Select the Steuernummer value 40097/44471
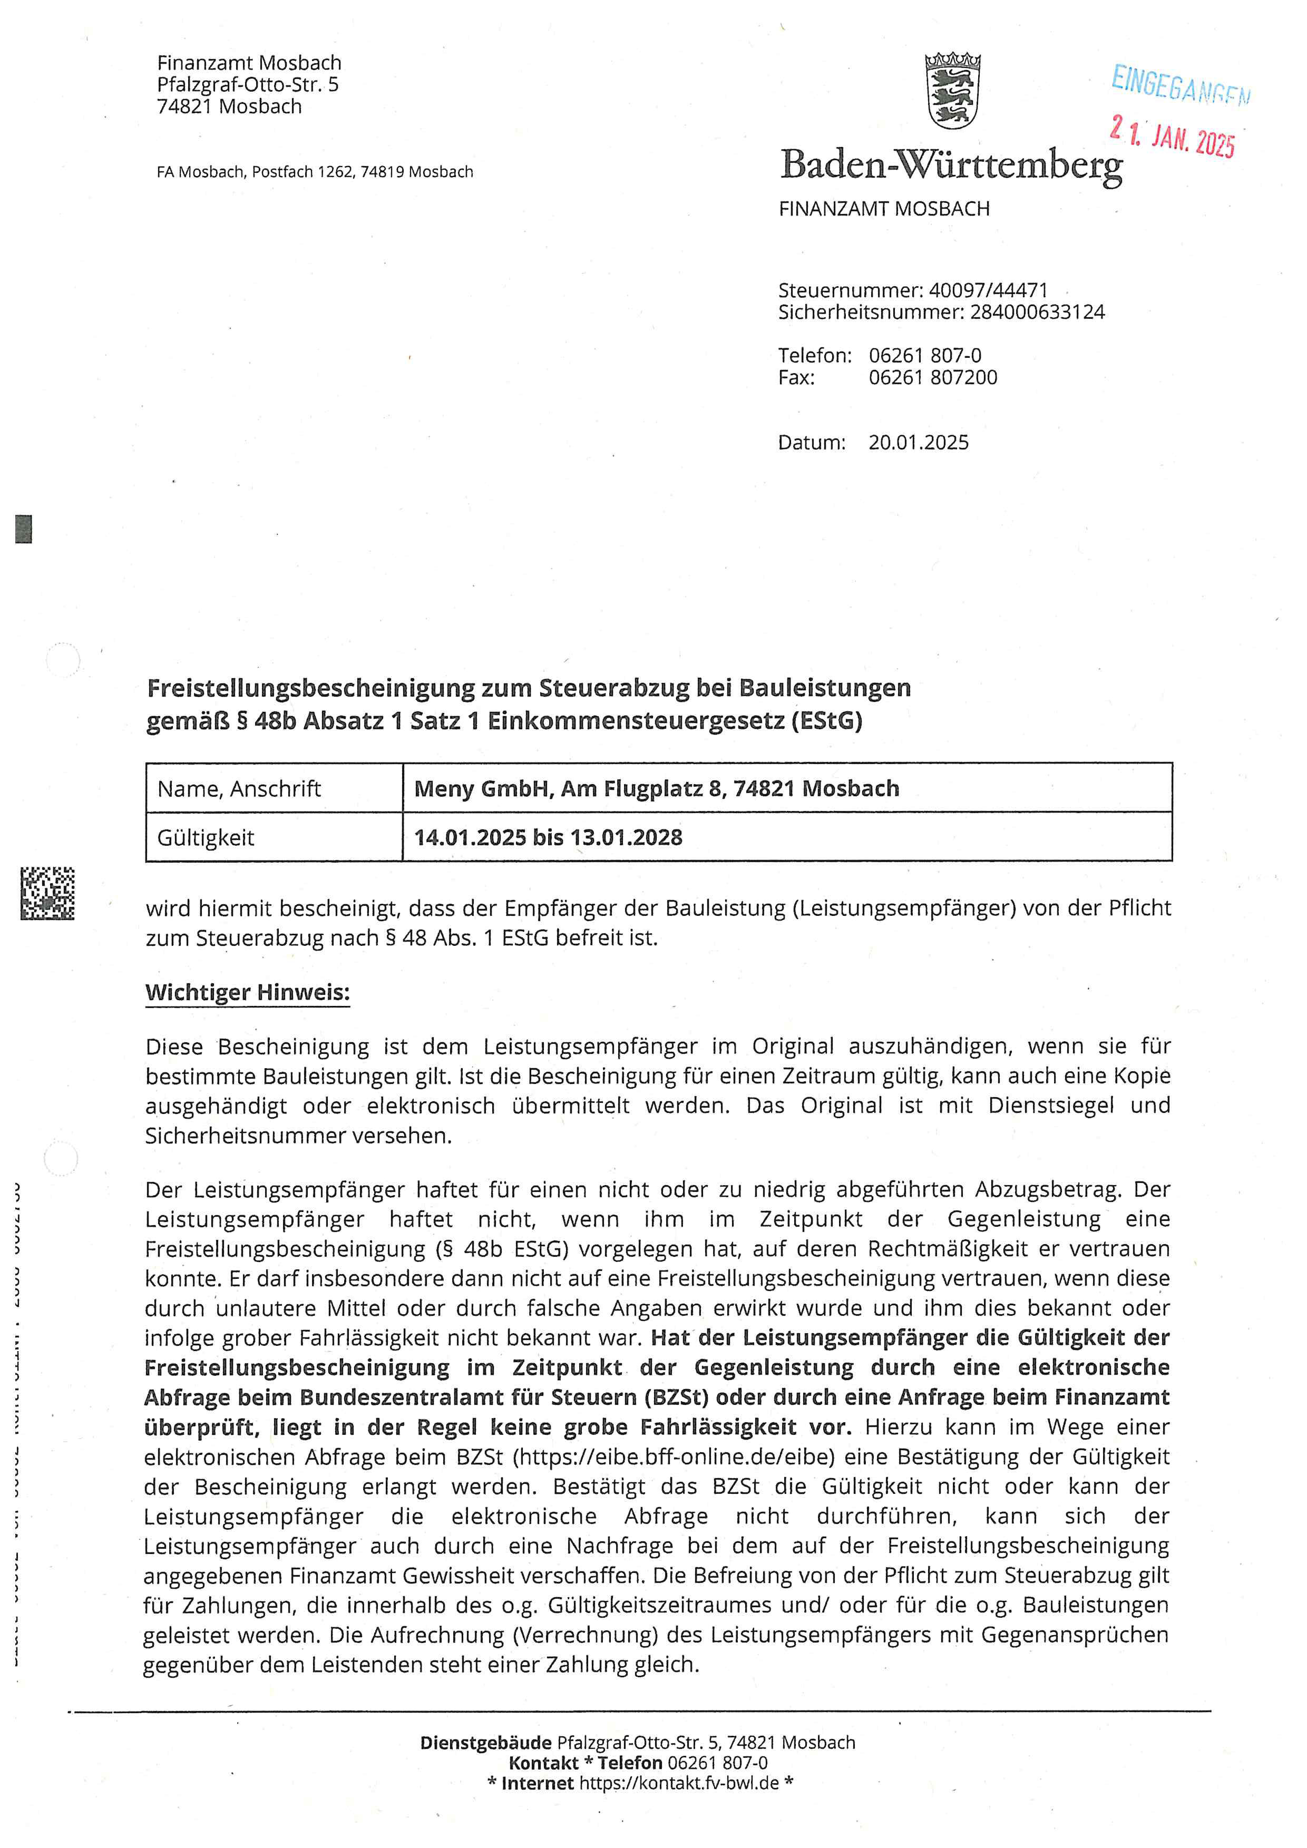(988, 290)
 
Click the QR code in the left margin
(47, 893)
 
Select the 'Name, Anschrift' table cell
(239, 789)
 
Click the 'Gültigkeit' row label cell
(206, 838)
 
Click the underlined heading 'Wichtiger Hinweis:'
(247, 992)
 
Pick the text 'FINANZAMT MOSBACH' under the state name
(884, 209)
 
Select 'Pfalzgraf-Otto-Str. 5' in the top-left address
(247, 84)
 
